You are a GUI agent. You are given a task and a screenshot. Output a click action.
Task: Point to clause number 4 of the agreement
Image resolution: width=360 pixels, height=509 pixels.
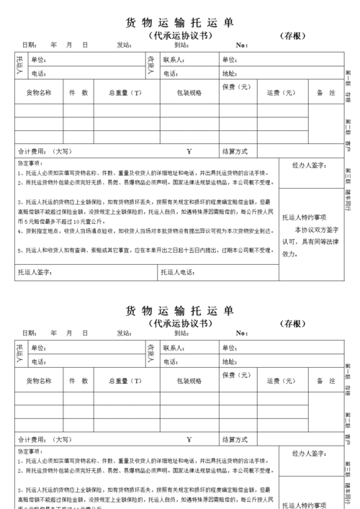[21, 231]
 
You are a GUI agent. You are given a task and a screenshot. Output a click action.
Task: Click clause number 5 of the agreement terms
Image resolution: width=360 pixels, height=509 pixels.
[21, 250]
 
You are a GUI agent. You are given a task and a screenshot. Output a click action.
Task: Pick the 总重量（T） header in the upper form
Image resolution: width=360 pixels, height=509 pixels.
[125, 93]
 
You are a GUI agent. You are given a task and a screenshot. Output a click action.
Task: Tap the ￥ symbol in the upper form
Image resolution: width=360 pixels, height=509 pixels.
[189, 151]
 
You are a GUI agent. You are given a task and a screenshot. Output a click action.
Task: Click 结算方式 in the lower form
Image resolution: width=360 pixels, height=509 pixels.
[235, 438]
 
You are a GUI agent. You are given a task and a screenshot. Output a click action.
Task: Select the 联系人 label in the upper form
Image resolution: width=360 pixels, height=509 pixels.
[176, 60]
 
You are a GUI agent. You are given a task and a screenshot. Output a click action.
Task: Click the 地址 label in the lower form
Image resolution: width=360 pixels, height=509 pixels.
[229, 361]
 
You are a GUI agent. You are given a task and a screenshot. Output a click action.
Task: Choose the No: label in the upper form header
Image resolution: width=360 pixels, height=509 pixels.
[242, 45]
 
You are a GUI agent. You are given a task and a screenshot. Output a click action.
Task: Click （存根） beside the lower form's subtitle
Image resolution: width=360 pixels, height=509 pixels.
[295, 323]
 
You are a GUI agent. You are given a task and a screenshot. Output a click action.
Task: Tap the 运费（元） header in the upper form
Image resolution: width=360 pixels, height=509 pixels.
[281, 93]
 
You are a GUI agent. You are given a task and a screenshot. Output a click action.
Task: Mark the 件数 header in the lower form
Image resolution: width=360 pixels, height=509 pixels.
[78, 381]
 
